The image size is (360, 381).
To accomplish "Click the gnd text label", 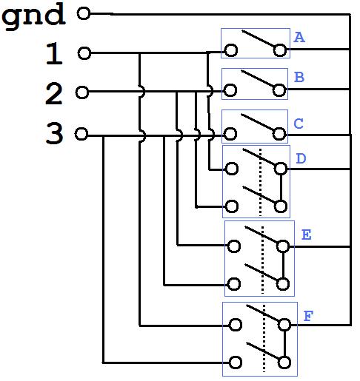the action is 33,17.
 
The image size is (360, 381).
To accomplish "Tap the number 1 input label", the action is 54,53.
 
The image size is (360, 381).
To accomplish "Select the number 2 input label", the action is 54,93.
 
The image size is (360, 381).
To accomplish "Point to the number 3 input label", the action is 54,133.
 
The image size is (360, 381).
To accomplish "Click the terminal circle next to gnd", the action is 84,13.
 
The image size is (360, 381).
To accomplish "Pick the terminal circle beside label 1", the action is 84,53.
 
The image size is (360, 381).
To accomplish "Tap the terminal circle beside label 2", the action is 82,92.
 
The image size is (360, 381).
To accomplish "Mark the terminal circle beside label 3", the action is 81,134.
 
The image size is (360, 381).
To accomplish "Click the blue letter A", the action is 299,38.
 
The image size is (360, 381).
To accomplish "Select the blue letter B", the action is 299,77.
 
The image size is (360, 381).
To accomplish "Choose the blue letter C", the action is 299,124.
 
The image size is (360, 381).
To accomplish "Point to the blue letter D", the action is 301,158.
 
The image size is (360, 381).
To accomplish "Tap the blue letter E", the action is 307,235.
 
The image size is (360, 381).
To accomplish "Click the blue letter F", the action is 308,316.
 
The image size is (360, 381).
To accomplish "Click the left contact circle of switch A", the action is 231,50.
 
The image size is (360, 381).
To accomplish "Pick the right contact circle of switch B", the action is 279,90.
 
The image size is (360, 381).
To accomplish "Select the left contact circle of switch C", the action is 230,134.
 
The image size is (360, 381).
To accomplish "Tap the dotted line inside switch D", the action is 260,183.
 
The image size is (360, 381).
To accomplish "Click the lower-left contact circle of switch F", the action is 236,363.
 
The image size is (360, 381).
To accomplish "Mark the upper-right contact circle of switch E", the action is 283,246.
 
